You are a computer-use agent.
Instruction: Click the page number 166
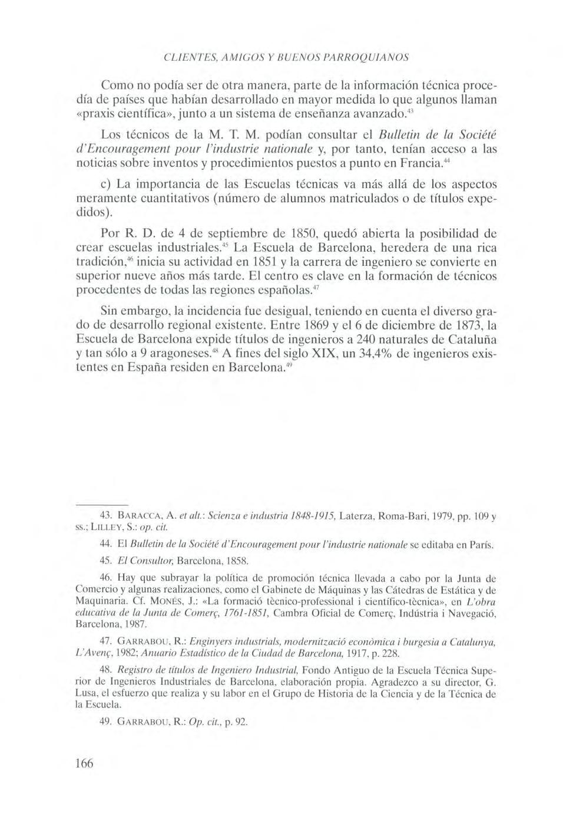(85, 763)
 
